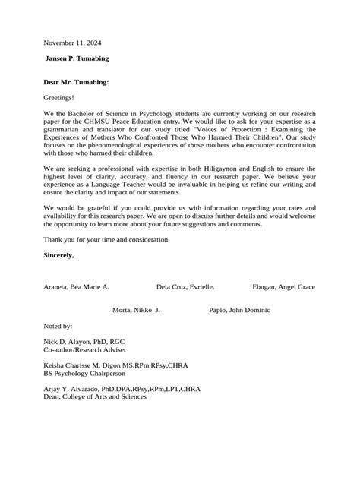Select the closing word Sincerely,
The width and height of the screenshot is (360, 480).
59,254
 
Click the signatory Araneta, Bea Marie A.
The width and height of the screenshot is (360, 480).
77,287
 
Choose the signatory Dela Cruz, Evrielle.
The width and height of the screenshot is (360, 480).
185,287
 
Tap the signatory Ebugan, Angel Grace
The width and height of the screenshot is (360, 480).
283,287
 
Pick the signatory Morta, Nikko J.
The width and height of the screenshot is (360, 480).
136,310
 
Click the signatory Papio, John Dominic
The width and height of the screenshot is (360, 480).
239,310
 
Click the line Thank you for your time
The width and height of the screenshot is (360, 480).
107,239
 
